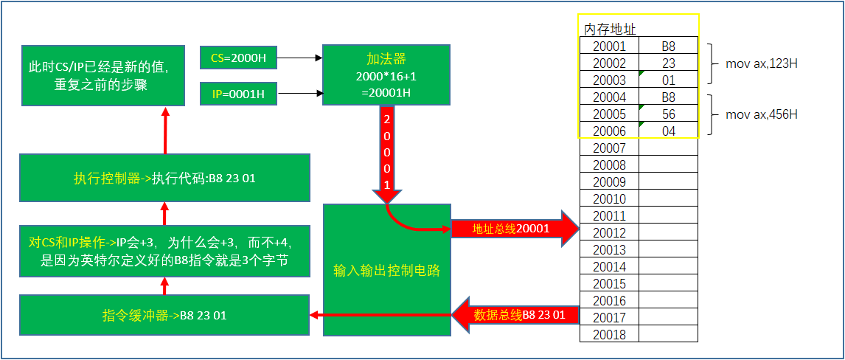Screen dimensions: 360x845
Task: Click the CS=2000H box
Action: point(238,58)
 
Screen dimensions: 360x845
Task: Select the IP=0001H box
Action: point(238,94)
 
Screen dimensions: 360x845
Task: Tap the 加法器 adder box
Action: point(386,76)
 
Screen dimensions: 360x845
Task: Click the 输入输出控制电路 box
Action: point(386,270)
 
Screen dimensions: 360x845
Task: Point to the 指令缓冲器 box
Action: point(164,316)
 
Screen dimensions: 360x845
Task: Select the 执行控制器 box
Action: point(164,178)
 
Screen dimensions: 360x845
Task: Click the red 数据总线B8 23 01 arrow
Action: point(516,315)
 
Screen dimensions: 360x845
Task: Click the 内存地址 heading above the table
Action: point(610,29)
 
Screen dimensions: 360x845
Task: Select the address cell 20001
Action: point(609,46)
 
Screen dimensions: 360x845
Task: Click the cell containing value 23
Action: point(668,63)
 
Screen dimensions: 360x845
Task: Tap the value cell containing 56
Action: point(668,114)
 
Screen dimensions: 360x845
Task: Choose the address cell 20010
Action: point(609,199)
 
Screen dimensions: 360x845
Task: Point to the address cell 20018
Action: point(609,335)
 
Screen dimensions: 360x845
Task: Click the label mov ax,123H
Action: point(762,63)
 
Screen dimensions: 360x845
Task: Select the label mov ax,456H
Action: point(762,114)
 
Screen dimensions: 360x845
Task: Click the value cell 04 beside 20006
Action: point(668,131)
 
